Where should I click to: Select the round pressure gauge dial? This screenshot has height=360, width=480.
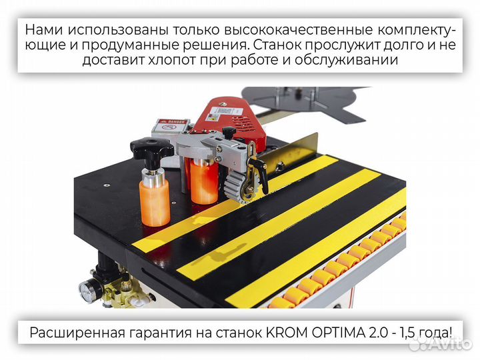(x=87, y=291)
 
